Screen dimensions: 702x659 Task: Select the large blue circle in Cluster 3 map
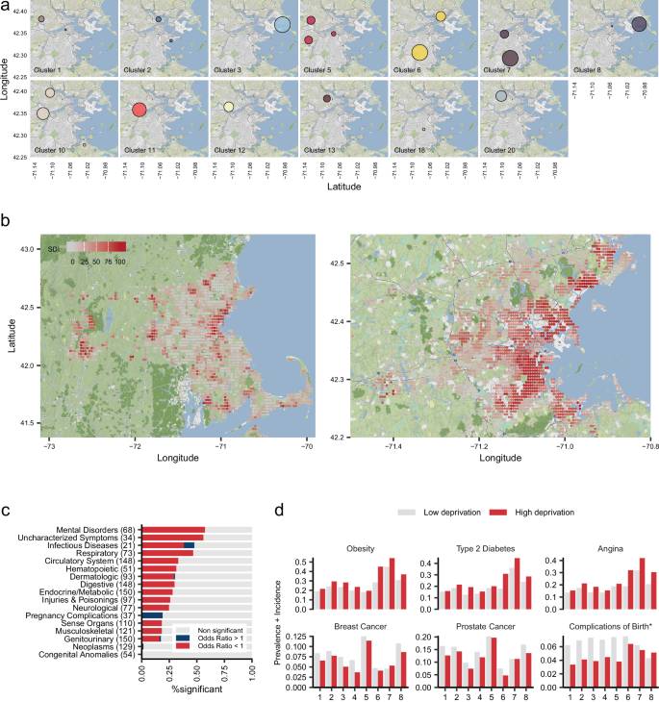[282, 26]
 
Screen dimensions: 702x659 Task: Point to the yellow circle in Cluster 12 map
[229, 108]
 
